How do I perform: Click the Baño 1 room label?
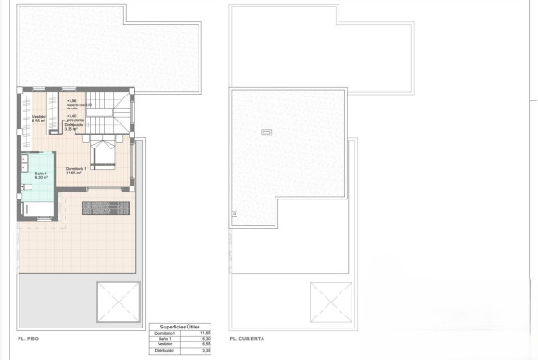tap(41, 175)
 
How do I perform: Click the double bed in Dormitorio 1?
tap(102, 154)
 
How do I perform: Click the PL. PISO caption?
tap(28, 339)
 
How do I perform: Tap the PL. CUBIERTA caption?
tap(250, 339)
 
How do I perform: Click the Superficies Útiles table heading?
tap(180, 326)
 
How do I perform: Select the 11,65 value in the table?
tap(206, 332)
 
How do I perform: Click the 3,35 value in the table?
tap(206, 352)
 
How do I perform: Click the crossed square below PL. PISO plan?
tap(119, 299)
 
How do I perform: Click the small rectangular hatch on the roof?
tap(268, 131)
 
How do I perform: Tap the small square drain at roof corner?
tap(234, 214)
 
